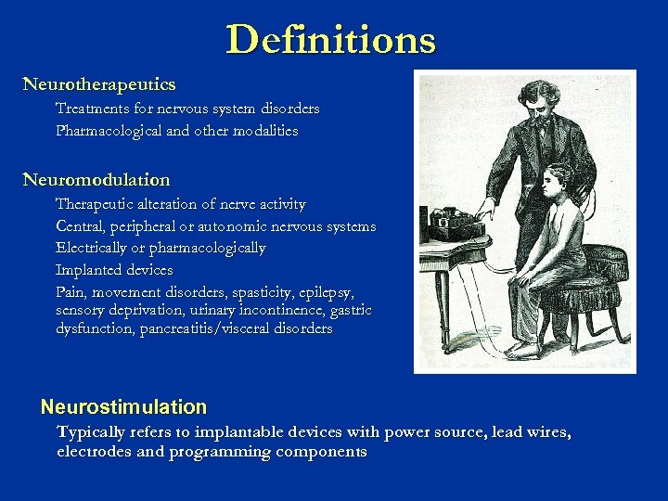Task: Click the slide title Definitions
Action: [330, 40]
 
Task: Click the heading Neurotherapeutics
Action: [99, 84]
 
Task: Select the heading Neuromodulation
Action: [96, 179]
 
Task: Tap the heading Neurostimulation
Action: [123, 406]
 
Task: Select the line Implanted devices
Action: [114, 270]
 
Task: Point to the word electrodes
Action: [96, 452]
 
